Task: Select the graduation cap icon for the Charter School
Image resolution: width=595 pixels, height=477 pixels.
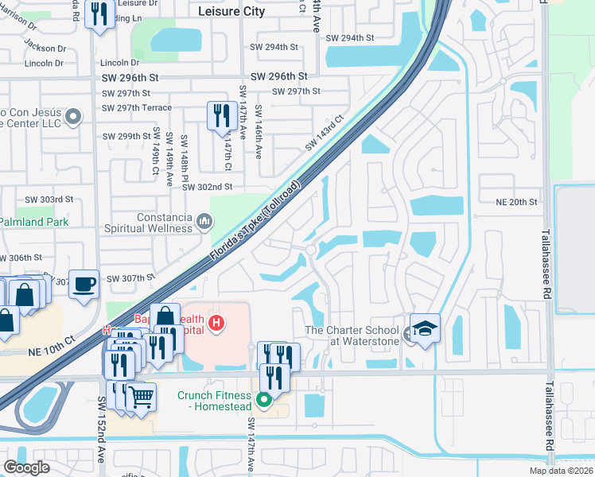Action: pyautogui.click(x=425, y=328)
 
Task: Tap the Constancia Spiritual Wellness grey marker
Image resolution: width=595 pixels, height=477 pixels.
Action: pyautogui.click(x=204, y=219)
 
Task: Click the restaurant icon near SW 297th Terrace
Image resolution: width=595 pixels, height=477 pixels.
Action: pyautogui.click(x=220, y=116)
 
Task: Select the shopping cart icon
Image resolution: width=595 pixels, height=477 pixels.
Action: pyautogui.click(x=141, y=395)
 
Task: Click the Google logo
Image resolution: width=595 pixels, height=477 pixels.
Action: pyautogui.click(x=26, y=467)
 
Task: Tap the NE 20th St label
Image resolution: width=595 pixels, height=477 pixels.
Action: pyautogui.click(x=516, y=202)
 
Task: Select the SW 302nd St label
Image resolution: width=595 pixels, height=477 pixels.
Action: pyautogui.click(x=205, y=187)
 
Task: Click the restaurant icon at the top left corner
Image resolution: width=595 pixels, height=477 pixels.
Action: pyautogui.click(x=99, y=15)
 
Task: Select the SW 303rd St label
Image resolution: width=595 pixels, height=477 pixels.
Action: pyautogui.click(x=49, y=199)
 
